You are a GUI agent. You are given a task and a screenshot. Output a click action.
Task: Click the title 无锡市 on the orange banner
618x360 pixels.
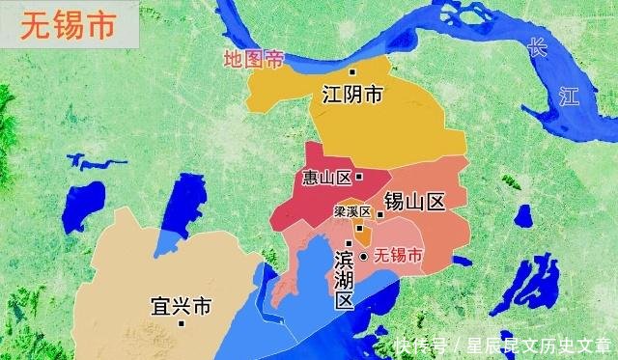tap(69, 26)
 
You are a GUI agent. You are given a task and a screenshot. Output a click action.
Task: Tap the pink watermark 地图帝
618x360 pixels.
tap(254, 60)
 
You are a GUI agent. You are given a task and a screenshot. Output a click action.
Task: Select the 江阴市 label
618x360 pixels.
tap(351, 95)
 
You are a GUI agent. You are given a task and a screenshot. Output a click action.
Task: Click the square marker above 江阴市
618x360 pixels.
tap(352, 72)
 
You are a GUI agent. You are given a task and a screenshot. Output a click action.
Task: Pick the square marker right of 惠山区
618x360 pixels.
tap(359, 177)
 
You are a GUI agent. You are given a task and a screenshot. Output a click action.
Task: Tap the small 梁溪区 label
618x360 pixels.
tap(352, 210)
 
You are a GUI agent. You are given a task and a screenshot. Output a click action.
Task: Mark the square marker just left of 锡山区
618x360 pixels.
tap(379, 215)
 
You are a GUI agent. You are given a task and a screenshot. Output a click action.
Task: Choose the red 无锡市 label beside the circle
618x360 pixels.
tap(398, 257)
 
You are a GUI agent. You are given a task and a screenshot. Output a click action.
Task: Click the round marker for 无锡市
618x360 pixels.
tap(364, 257)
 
